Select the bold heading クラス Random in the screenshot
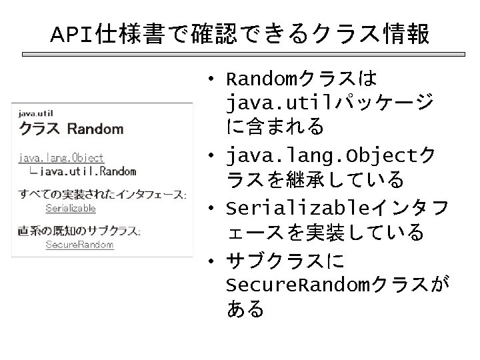point(71,128)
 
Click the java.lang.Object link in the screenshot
point(61,158)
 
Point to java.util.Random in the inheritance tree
point(87,171)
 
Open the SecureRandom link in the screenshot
point(70,245)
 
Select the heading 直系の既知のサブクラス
point(79,231)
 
